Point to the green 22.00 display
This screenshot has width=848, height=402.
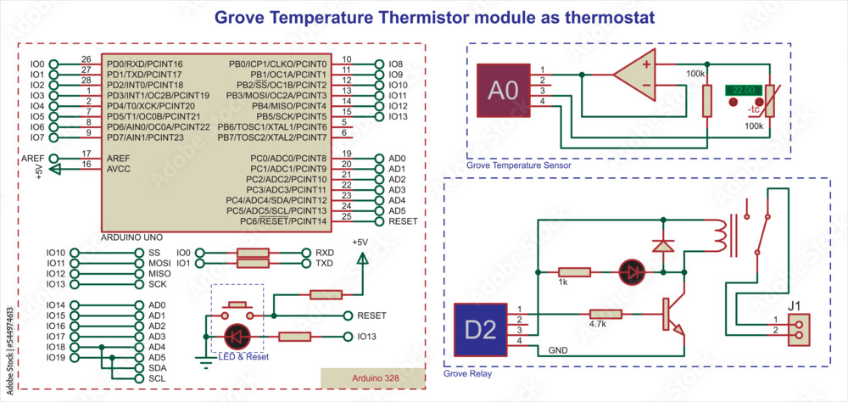point(743,89)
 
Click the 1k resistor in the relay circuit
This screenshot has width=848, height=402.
point(574,272)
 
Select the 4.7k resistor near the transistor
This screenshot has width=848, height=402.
point(605,314)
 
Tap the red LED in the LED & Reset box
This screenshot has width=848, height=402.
point(235,337)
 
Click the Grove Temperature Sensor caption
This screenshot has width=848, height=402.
point(518,165)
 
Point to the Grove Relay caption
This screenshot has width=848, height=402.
point(467,373)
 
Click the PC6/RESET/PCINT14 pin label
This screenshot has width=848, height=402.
point(284,221)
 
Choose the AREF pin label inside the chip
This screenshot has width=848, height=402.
point(118,159)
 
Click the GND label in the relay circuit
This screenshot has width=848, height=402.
point(559,349)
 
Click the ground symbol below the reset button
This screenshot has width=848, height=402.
point(204,361)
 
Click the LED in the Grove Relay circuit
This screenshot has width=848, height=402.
point(630,272)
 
